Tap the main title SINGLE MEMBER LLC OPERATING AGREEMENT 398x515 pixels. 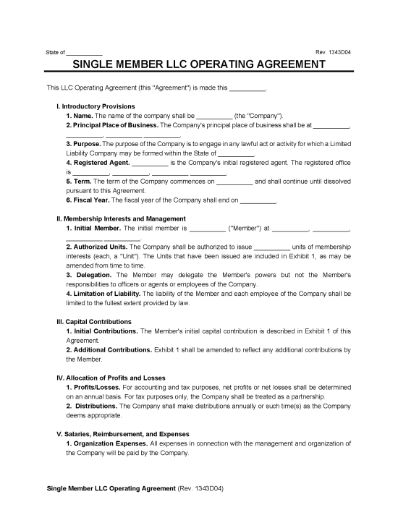198,64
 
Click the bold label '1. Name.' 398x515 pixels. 80,115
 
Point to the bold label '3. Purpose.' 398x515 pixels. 85,143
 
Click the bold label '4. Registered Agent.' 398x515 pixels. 98,162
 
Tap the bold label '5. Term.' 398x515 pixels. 80,181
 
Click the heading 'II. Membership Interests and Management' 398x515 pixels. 121,218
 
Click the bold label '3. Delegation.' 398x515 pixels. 88,275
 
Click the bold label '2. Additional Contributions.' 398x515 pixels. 109,349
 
